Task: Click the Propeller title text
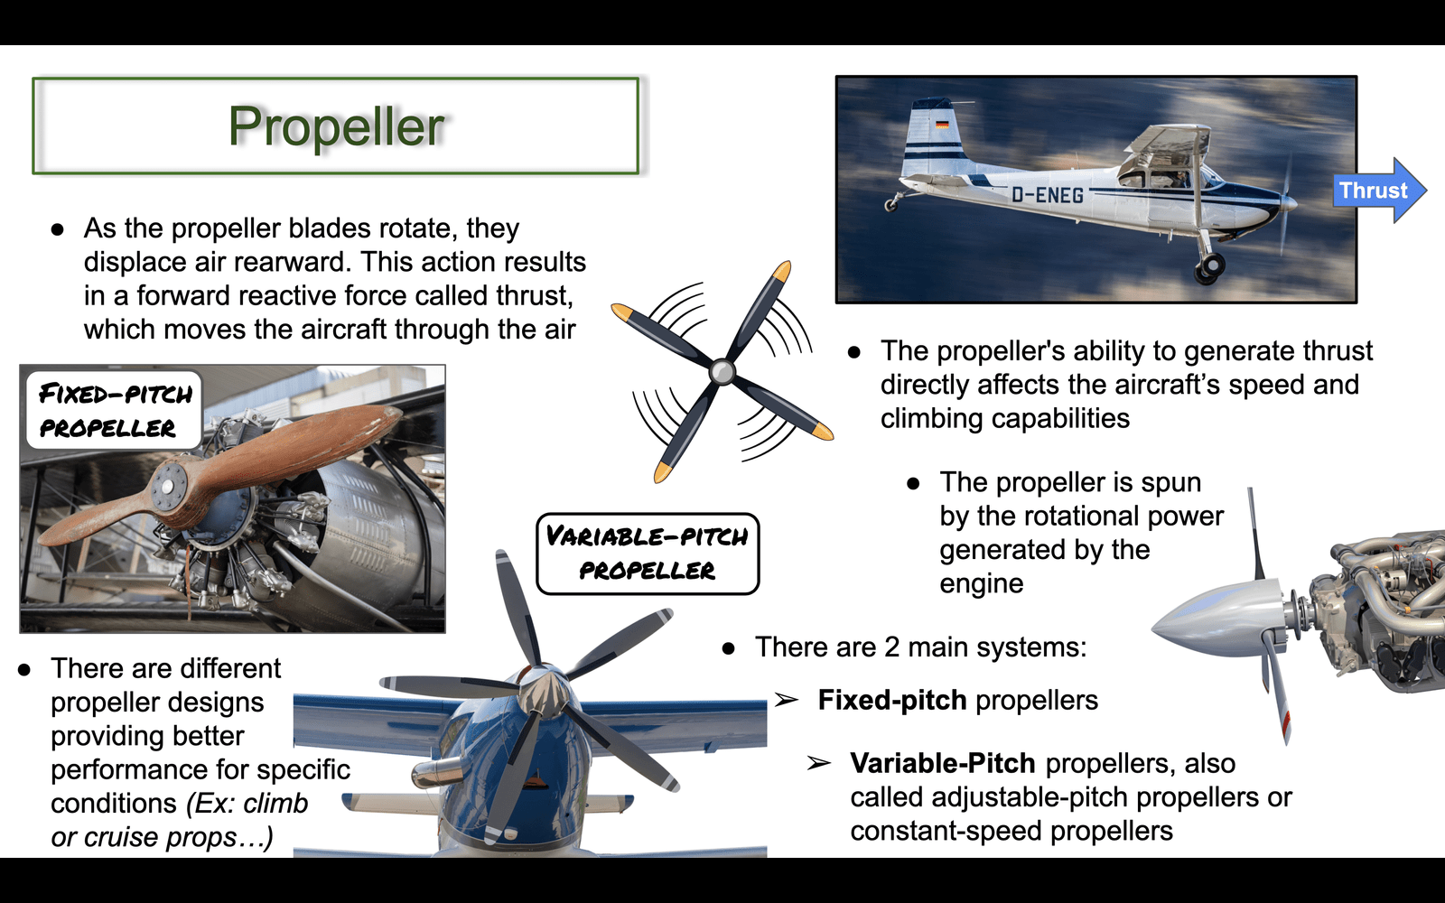coord(336,126)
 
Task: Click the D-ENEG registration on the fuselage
coord(1047,194)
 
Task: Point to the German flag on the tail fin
coord(943,125)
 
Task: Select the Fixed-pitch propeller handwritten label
coord(115,410)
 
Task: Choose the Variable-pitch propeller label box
coord(648,554)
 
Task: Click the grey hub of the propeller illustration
coord(722,371)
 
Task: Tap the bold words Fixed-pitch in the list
coord(892,700)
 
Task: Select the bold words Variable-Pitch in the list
coord(943,764)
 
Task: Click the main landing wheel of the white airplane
coord(1209,266)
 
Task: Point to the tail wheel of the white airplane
coord(890,205)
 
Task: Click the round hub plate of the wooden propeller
coord(170,486)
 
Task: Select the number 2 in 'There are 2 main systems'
coord(891,647)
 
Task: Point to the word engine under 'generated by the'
coord(981,584)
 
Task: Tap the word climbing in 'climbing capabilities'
coord(931,419)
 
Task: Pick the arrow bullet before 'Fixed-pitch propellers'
coord(787,700)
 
